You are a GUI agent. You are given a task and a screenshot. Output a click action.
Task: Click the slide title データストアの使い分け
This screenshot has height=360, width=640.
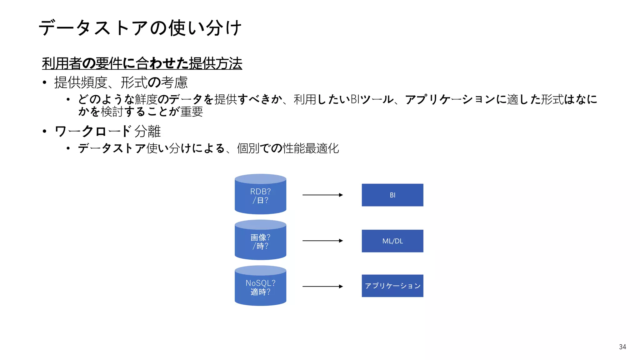(140, 28)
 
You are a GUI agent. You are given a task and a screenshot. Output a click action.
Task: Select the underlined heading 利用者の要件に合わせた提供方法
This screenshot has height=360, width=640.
(142, 63)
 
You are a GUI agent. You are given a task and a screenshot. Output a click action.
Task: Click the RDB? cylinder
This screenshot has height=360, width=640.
(260, 195)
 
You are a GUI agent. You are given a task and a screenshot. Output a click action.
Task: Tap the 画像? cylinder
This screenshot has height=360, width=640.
(260, 241)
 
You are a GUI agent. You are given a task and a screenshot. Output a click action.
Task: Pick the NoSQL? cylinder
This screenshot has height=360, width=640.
(260, 287)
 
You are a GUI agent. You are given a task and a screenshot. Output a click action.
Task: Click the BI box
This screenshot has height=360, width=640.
(392, 195)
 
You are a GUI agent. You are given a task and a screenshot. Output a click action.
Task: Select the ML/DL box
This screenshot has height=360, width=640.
(392, 241)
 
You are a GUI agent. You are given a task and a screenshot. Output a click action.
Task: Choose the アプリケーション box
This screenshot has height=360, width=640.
(392, 286)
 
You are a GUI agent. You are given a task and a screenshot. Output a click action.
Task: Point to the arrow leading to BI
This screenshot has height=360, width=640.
(322, 195)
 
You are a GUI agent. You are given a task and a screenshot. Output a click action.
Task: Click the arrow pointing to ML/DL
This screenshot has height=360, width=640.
(322, 241)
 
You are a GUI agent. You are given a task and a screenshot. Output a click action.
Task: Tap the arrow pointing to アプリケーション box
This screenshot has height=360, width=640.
(322, 286)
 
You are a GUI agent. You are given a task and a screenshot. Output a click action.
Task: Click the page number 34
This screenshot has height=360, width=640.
(622, 347)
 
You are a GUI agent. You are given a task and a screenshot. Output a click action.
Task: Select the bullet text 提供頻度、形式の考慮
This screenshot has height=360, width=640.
(121, 82)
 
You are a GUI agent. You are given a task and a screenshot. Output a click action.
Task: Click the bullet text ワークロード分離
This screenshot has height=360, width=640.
(107, 131)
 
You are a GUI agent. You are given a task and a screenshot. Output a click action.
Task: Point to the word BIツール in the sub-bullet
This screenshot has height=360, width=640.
(372, 99)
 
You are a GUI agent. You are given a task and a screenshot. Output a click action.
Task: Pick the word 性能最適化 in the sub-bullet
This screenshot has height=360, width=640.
(311, 148)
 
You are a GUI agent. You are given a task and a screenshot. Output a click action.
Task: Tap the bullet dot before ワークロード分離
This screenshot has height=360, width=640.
(45, 131)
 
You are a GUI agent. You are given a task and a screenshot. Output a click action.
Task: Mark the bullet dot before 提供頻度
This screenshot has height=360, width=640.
(45, 82)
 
